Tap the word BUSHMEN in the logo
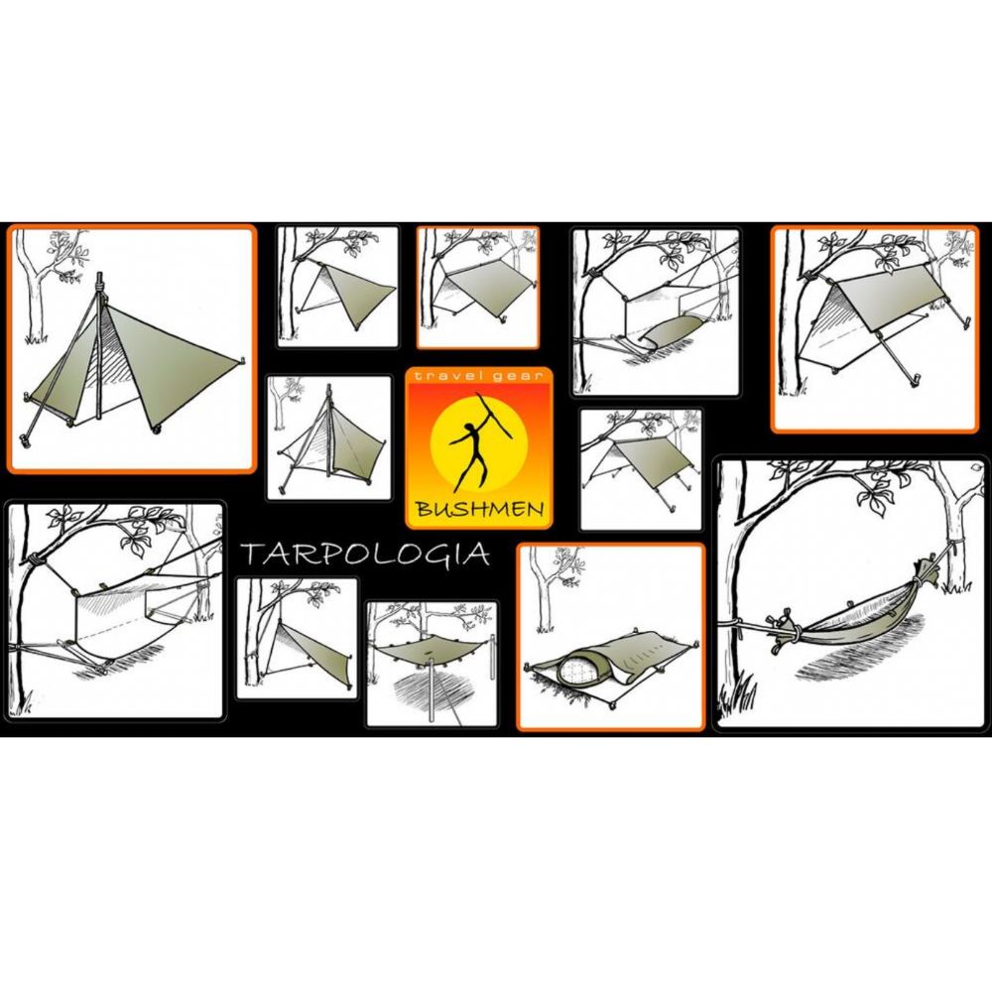point(479,510)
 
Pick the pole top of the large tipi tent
point(99,281)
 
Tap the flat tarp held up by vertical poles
point(430,651)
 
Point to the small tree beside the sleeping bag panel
point(546,585)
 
